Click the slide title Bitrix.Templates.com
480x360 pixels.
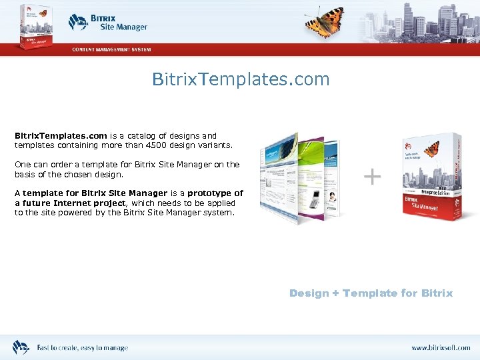click(241, 79)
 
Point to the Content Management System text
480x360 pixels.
click(111, 49)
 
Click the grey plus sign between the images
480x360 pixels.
click(372, 176)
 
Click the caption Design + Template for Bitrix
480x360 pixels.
click(371, 293)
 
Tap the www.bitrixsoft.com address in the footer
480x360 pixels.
click(440, 348)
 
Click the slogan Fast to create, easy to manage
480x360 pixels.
click(82, 348)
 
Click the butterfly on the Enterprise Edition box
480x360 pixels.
click(432, 148)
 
